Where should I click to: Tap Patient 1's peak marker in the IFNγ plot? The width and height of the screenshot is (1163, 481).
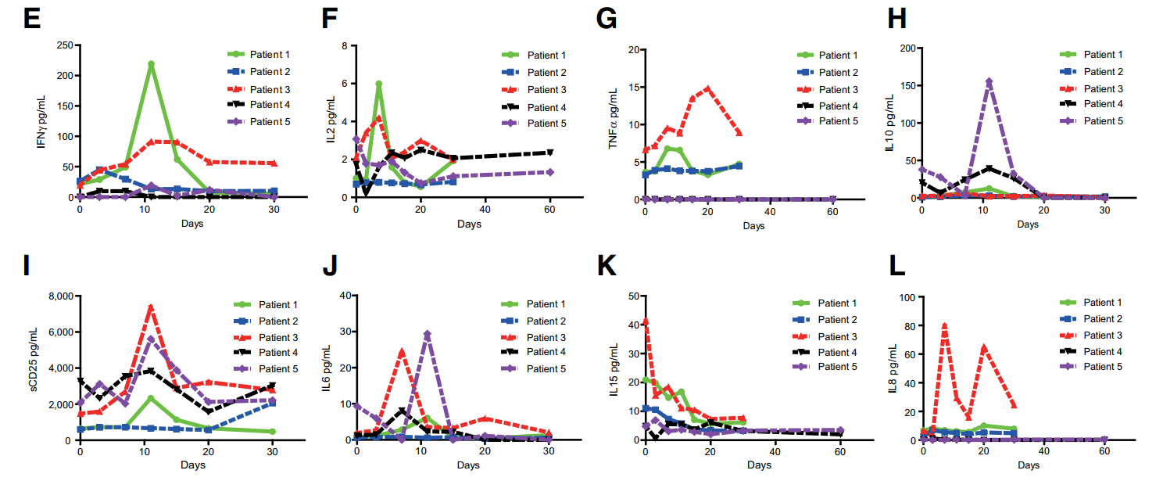pos(151,64)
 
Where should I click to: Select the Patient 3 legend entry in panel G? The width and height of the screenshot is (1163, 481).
pos(838,90)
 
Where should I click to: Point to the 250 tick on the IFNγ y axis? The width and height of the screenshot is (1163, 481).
pos(61,45)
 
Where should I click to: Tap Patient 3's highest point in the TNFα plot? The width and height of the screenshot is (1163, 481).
pos(707,88)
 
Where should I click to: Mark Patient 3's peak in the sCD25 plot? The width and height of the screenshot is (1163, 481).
pos(151,307)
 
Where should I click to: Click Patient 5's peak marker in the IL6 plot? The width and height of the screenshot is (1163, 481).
pos(427,334)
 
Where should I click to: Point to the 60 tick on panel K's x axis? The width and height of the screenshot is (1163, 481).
pos(840,451)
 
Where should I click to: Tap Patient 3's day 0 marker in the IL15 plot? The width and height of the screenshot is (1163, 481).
pos(645,321)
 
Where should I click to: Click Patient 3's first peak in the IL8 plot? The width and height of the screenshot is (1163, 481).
pos(944,325)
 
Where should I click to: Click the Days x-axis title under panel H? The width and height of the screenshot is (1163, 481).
pos(1028,224)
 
